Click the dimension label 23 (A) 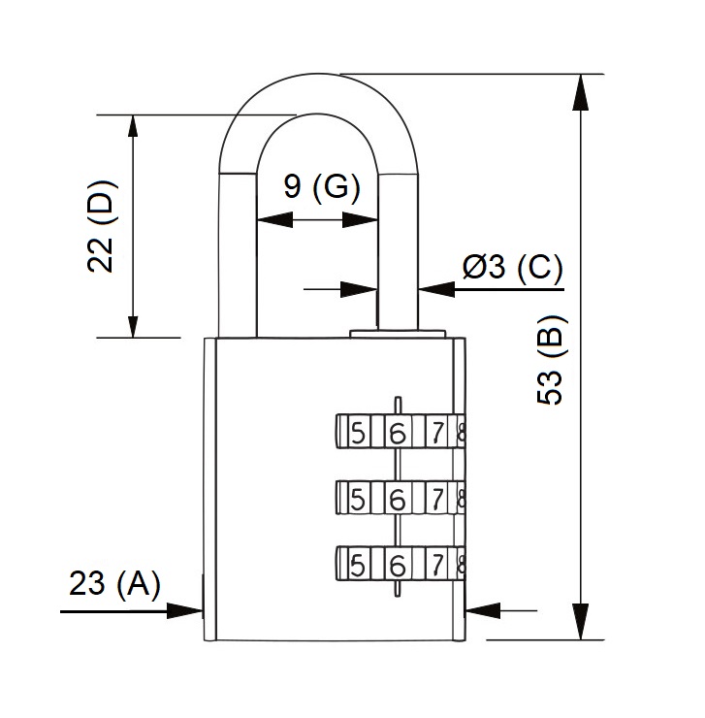(114, 584)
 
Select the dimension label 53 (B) (550, 360)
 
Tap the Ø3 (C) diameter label (512, 267)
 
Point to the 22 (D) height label (101, 226)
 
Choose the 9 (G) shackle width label (322, 185)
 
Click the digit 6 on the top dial (397, 433)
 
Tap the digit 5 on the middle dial (358, 499)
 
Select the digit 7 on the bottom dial (438, 563)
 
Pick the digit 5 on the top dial (358, 433)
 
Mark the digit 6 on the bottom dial (397, 563)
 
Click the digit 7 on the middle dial (438, 499)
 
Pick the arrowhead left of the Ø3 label (436, 288)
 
